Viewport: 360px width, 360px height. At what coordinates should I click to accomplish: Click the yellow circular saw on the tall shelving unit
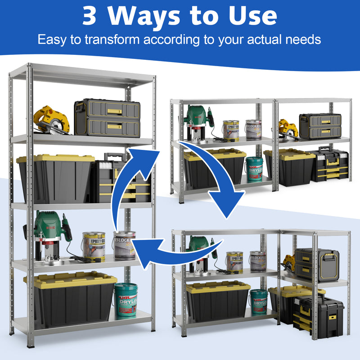tap(51, 120)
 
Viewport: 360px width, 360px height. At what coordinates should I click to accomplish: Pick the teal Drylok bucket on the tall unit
tap(126, 299)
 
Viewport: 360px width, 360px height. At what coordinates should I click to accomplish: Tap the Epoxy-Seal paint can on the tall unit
tap(94, 246)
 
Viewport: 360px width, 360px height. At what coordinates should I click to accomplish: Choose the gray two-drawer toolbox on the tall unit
tap(107, 117)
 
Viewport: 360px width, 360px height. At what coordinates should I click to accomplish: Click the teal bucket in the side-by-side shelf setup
tap(254, 169)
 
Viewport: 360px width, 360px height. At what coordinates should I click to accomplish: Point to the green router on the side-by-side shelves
tap(197, 121)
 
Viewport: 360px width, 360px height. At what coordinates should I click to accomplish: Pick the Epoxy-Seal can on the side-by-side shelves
tap(231, 130)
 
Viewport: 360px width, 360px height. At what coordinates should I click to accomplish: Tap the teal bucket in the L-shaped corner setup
tap(259, 301)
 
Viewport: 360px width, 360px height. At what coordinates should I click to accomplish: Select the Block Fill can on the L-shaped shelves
tap(257, 261)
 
